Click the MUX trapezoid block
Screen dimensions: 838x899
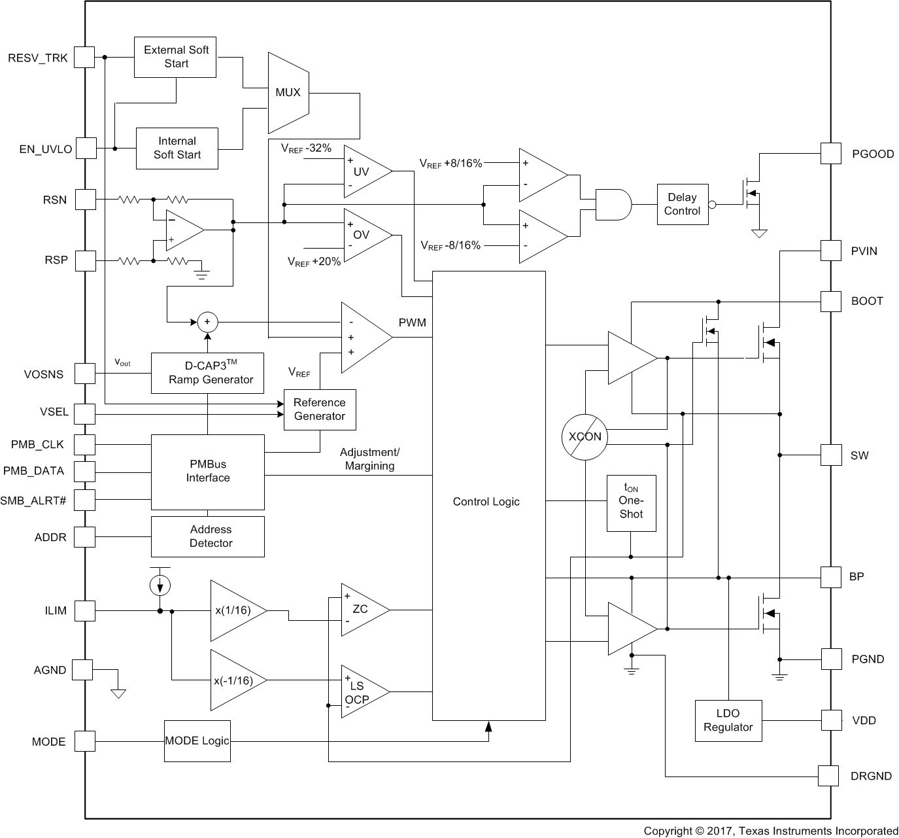(288, 92)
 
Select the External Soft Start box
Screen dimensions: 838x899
(175, 57)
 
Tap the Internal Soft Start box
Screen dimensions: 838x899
(177, 148)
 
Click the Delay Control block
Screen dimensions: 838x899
(682, 204)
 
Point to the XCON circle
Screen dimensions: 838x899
(585, 436)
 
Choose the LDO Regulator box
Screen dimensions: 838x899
(728, 720)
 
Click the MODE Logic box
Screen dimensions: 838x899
(197, 741)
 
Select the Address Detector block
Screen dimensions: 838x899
(208, 536)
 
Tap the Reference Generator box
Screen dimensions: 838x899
(320, 410)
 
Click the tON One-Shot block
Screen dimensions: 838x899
(631, 502)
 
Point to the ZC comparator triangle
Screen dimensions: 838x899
(362, 610)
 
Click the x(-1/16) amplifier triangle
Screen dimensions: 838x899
(235, 680)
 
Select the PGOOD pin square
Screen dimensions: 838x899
(830, 154)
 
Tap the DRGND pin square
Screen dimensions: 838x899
(828, 776)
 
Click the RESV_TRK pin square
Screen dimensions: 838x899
(84, 57)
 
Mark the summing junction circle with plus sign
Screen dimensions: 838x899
(208, 321)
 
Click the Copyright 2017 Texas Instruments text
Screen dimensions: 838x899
(770, 831)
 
